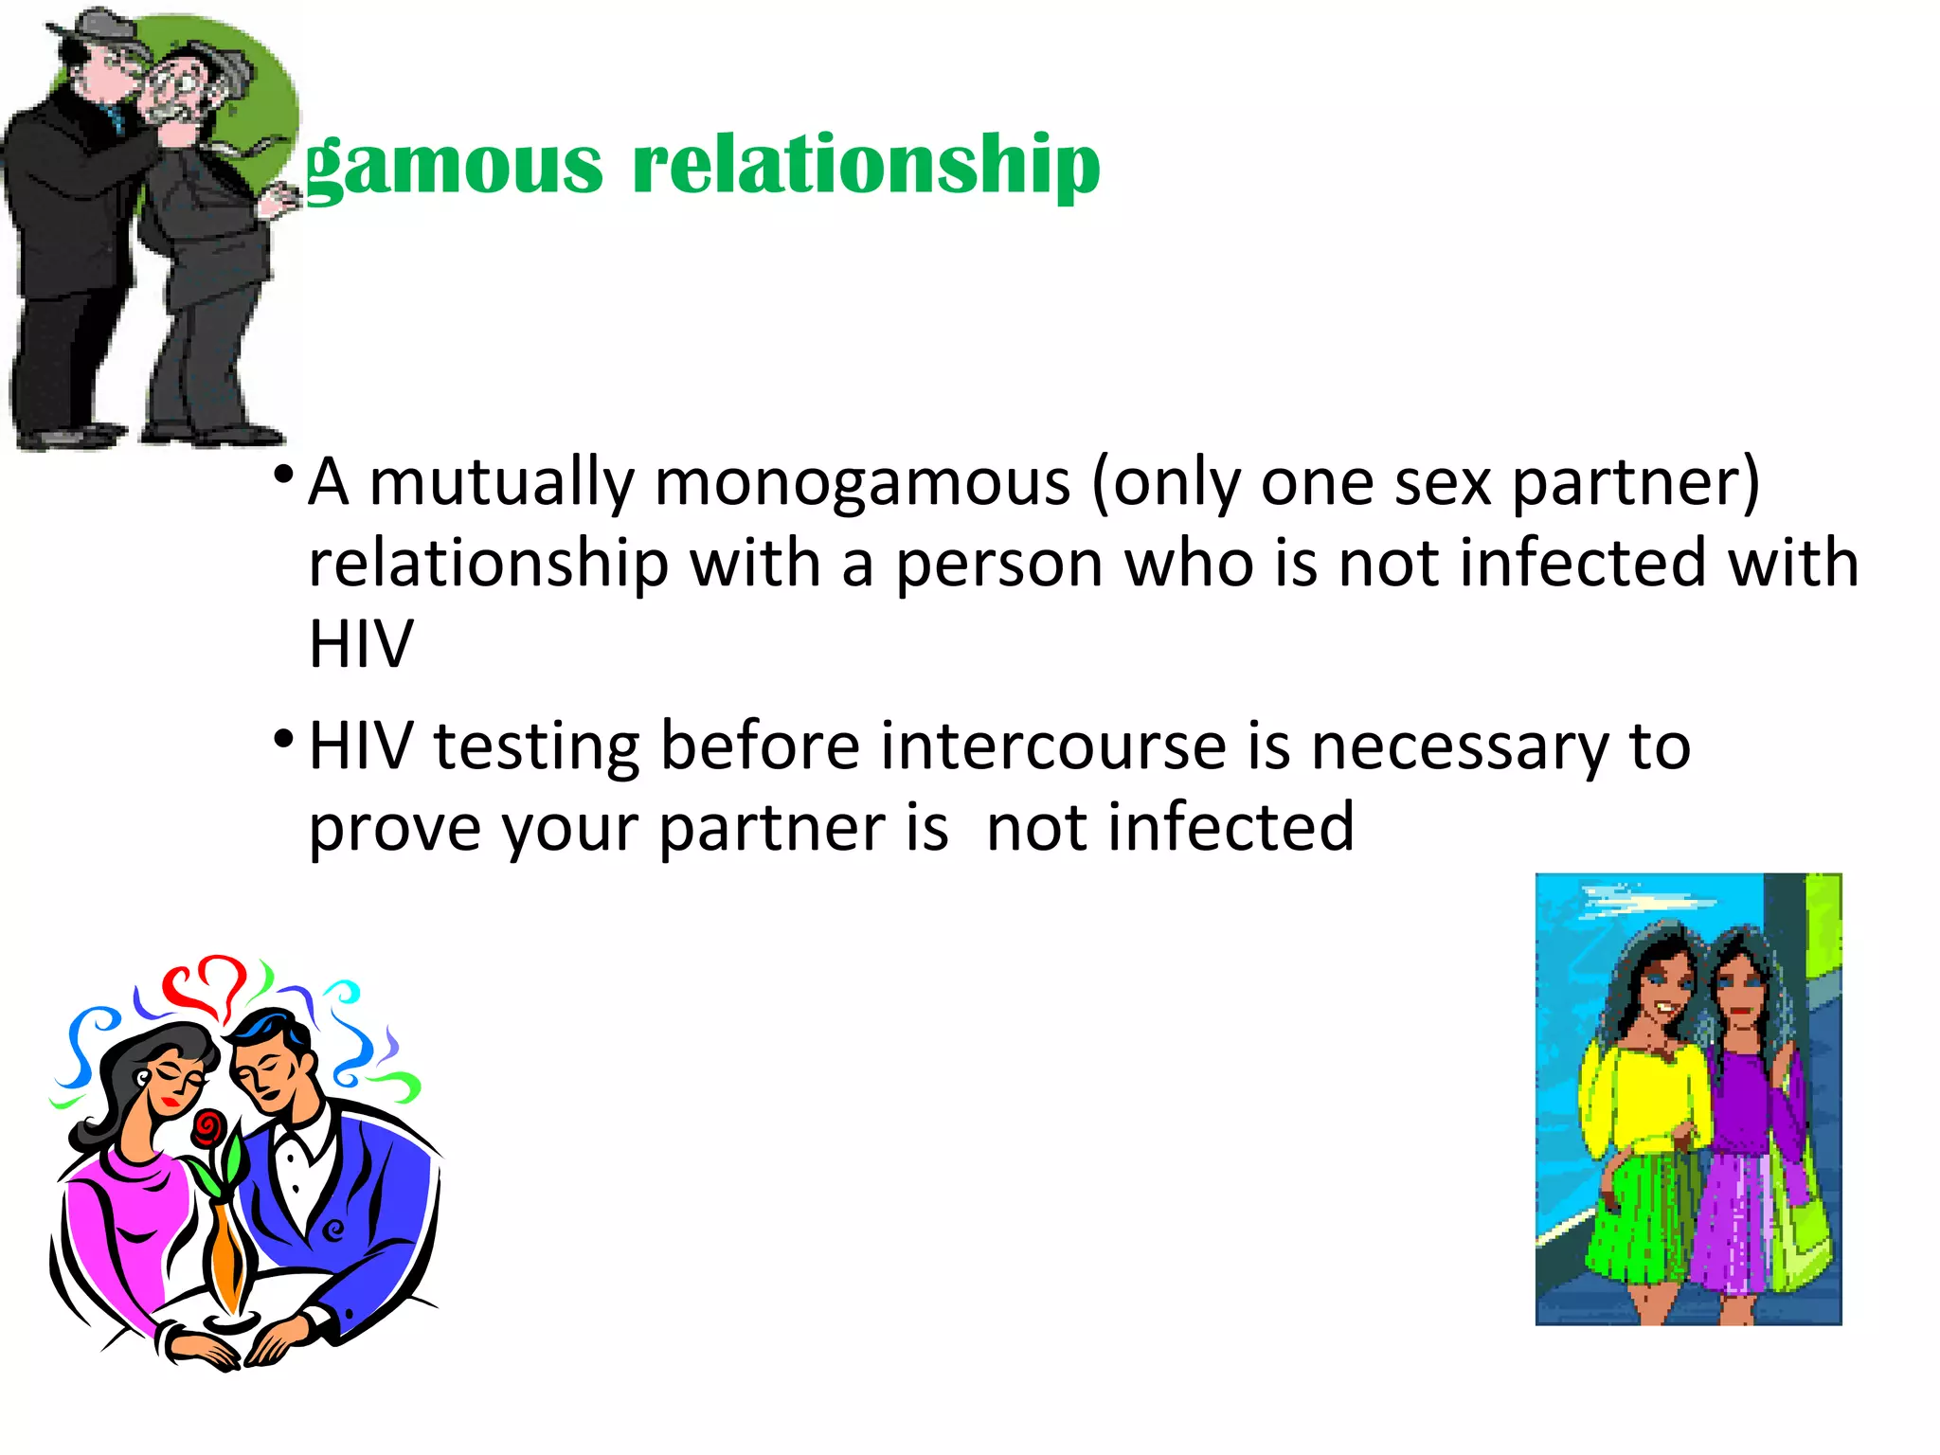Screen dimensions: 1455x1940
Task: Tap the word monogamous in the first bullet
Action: (x=862, y=483)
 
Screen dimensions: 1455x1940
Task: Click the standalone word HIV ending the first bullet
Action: (x=361, y=645)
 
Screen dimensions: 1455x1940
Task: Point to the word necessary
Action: (x=1460, y=748)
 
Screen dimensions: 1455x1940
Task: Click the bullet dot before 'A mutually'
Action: (x=282, y=474)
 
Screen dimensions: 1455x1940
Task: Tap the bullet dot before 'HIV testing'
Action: (x=282, y=738)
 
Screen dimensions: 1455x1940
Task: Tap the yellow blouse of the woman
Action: (x=1644, y=1099)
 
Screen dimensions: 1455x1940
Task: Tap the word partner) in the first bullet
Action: (x=1635, y=483)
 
